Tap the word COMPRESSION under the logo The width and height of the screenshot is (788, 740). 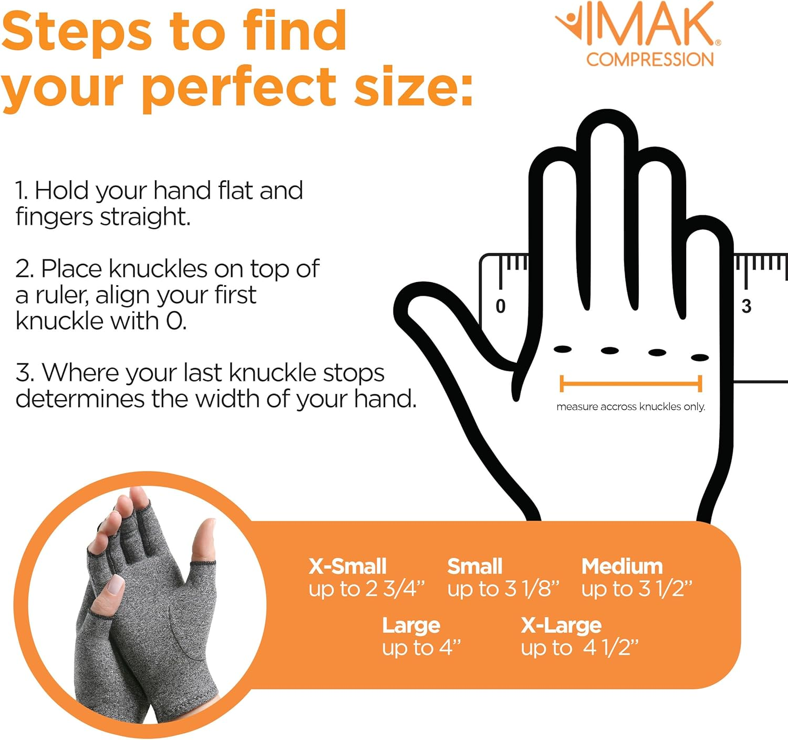tap(650, 59)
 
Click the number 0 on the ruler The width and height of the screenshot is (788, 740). tap(501, 306)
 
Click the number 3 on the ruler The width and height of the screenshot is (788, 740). tap(746, 306)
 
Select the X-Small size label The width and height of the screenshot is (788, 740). tap(347, 567)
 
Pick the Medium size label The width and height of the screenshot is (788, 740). tap(622, 567)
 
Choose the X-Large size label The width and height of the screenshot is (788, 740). tap(561, 626)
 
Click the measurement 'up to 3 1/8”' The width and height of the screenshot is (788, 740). tap(503, 589)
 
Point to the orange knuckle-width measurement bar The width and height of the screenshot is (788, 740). tap(631, 384)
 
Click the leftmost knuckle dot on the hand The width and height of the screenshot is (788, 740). tap(563, 349)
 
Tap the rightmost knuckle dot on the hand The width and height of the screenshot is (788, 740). tap(700, 358)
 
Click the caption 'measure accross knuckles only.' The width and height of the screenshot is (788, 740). tap(630, 407)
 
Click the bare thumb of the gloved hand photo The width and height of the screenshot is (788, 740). tap(205, 541)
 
